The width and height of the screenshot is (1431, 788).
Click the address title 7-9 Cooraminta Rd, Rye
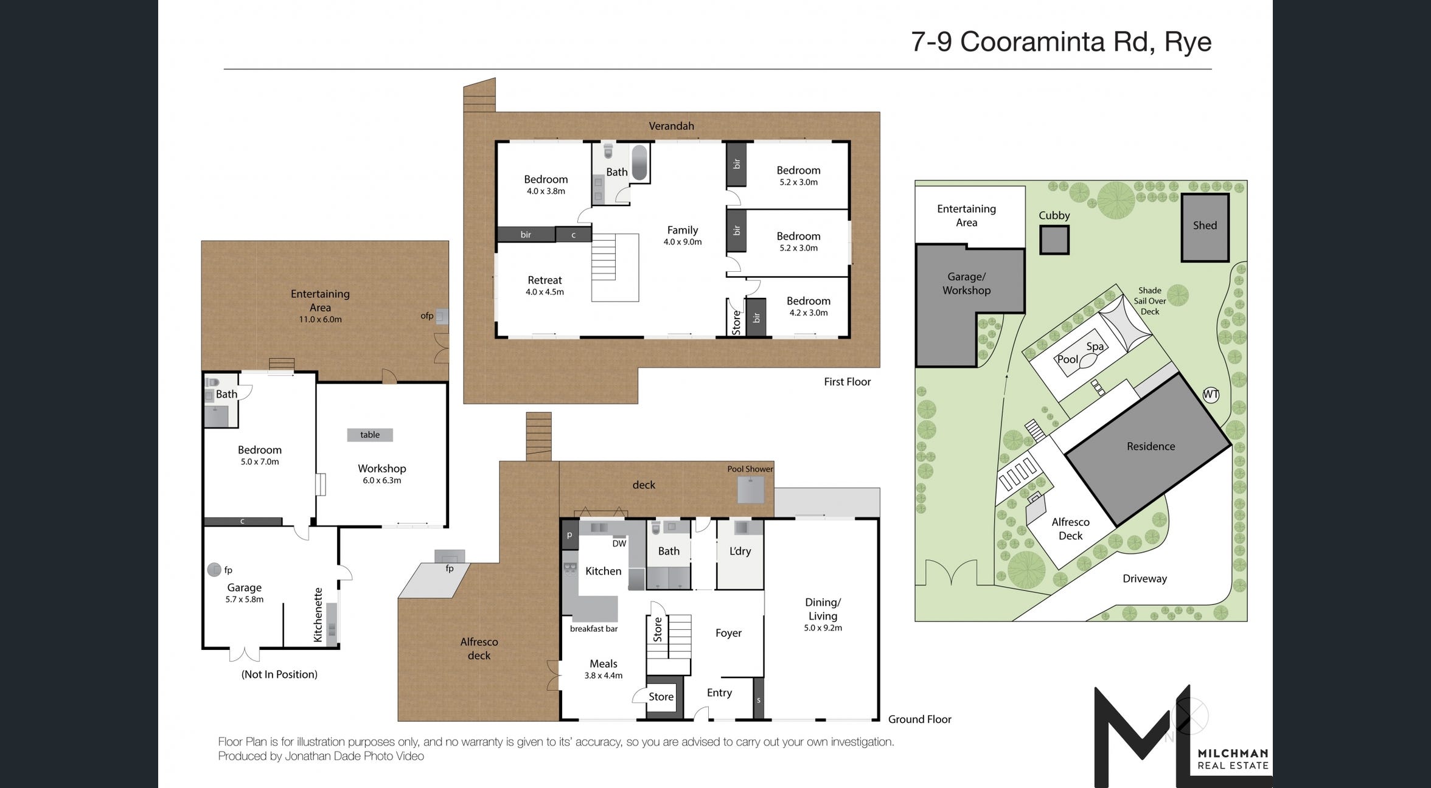pos(1060,42)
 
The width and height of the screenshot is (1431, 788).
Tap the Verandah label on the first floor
pos(671,126)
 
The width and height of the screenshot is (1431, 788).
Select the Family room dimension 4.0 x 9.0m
pos(682,242)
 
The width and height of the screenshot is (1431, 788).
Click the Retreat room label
pos(545,280)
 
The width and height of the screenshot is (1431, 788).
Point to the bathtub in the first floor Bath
pos(639,162)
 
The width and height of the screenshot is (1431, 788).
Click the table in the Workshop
pos(369,435)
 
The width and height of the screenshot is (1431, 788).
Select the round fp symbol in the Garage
pos(214,570)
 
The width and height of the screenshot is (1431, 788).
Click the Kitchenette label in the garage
pos(318,615)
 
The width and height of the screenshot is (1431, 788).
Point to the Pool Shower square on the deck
pos(750,490)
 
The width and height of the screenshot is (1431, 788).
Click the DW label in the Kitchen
pos(619,544)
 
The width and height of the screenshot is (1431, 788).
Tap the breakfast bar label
pos(593,629)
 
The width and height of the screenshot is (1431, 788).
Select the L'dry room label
pos(740,551)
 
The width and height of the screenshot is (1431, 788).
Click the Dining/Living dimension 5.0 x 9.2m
pos(823,628)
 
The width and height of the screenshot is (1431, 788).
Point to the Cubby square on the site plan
pos(1054,240)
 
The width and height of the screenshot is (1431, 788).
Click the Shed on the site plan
pos(1205,227)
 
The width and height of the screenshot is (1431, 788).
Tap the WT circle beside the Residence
pos(1211,395)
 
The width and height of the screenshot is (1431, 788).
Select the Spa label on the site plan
pos(1095,347)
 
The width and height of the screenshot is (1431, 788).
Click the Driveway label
pos(1144,579)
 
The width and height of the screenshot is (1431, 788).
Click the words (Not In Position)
pos(279,674)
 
